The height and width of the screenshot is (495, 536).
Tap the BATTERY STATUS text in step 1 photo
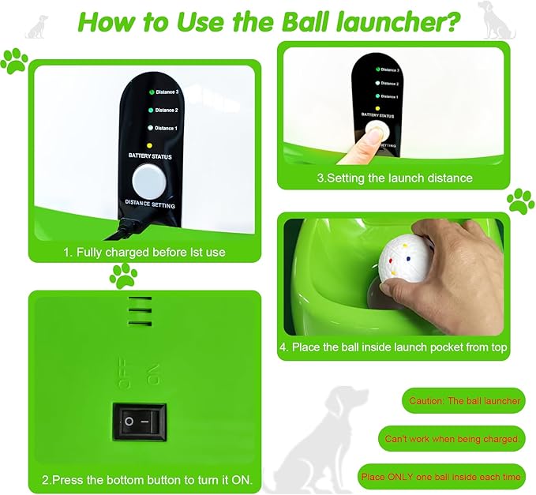click(x=150, y=156)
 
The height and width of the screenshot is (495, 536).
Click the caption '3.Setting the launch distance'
click(x=394, y=178)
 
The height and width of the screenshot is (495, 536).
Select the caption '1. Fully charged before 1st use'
click(x=144, y=253)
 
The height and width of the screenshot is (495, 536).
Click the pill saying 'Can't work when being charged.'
click(x=452, y=438)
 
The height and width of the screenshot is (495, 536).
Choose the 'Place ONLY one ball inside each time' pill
click(x=440, y=477)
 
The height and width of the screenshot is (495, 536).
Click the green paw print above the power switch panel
click(x=123, y=276)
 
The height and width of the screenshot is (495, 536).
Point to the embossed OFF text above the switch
click(x=124, y=373)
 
